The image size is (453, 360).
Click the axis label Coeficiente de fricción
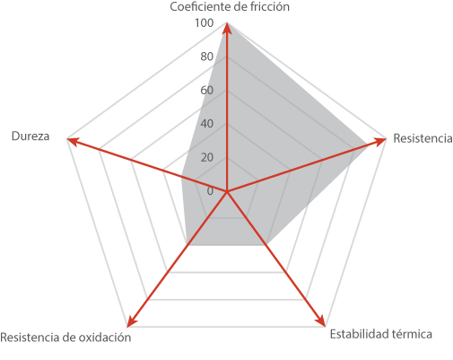(230, 6)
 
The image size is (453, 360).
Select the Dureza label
(30, 136)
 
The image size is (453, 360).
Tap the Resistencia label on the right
(423, 138)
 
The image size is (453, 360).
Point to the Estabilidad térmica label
(380, 334)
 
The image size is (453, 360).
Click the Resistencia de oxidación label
(65, 338)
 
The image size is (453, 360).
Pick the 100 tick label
(205, 23)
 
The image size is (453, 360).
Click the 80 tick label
(207, 57)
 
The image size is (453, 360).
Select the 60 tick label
(207, 90)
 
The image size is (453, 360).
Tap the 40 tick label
(207, 124)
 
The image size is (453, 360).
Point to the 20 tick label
(207, 157)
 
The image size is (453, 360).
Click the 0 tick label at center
(210, 191)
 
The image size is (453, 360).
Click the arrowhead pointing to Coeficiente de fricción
(227, 29)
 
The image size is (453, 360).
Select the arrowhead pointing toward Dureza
(74, 142)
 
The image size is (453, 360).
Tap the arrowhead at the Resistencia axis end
(380, 141)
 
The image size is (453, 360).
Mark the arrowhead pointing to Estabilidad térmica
(321, 320)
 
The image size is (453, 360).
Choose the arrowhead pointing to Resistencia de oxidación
(132, 321)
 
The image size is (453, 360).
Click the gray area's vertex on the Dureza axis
(182, 177)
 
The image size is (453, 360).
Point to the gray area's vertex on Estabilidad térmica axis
(267, 245)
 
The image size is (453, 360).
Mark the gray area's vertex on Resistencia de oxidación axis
(187, 245)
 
